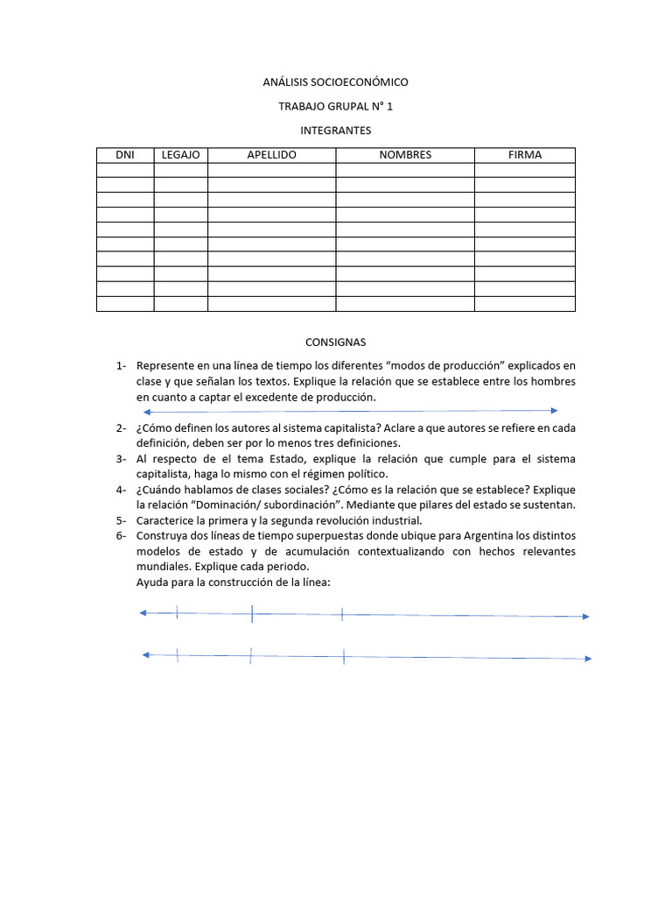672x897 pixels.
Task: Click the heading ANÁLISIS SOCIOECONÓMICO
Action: click(x=335, y=82)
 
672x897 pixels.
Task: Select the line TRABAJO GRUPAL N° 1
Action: click(x=335, y=107)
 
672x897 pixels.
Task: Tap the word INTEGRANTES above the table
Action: click(x=335, y=131)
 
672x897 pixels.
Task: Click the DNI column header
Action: click(x=125, y=155)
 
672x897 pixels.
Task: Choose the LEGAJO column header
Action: click(x=181, y=155)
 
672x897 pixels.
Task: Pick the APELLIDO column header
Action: click(x=271, y=155)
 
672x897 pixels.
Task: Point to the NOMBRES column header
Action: click(x=405, y=155)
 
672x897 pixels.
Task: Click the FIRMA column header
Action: click(x=525, y=155)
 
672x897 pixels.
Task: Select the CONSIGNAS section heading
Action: click(x=335, y=342)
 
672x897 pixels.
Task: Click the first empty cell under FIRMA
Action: click(x=525, y=170)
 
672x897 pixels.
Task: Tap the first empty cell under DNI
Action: click(x=125, y=170)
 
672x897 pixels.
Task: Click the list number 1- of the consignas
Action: click(x=121, y=365)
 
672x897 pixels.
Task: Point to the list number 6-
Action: click(x=121, y=535)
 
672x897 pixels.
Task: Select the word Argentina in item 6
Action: click(x=514, y=535)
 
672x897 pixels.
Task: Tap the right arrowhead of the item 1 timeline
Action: click(x=554, y=410)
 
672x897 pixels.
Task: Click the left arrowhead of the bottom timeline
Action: click(x=145, y=654)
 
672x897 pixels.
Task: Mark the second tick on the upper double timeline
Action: click(x=252, y=614)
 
